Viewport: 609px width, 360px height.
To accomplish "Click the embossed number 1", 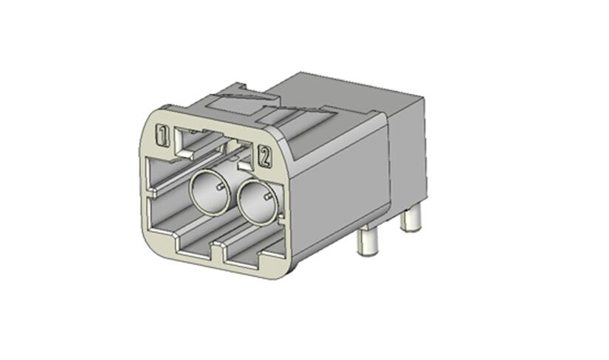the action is (x=162, y=135).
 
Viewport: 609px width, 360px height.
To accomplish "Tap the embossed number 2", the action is (x=265, y=156).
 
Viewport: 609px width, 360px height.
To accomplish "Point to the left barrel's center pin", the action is (x=220, y=187).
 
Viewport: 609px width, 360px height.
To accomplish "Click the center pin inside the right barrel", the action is (x=268, y=197).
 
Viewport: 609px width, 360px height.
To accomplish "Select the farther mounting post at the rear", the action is (x=411, y=218).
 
